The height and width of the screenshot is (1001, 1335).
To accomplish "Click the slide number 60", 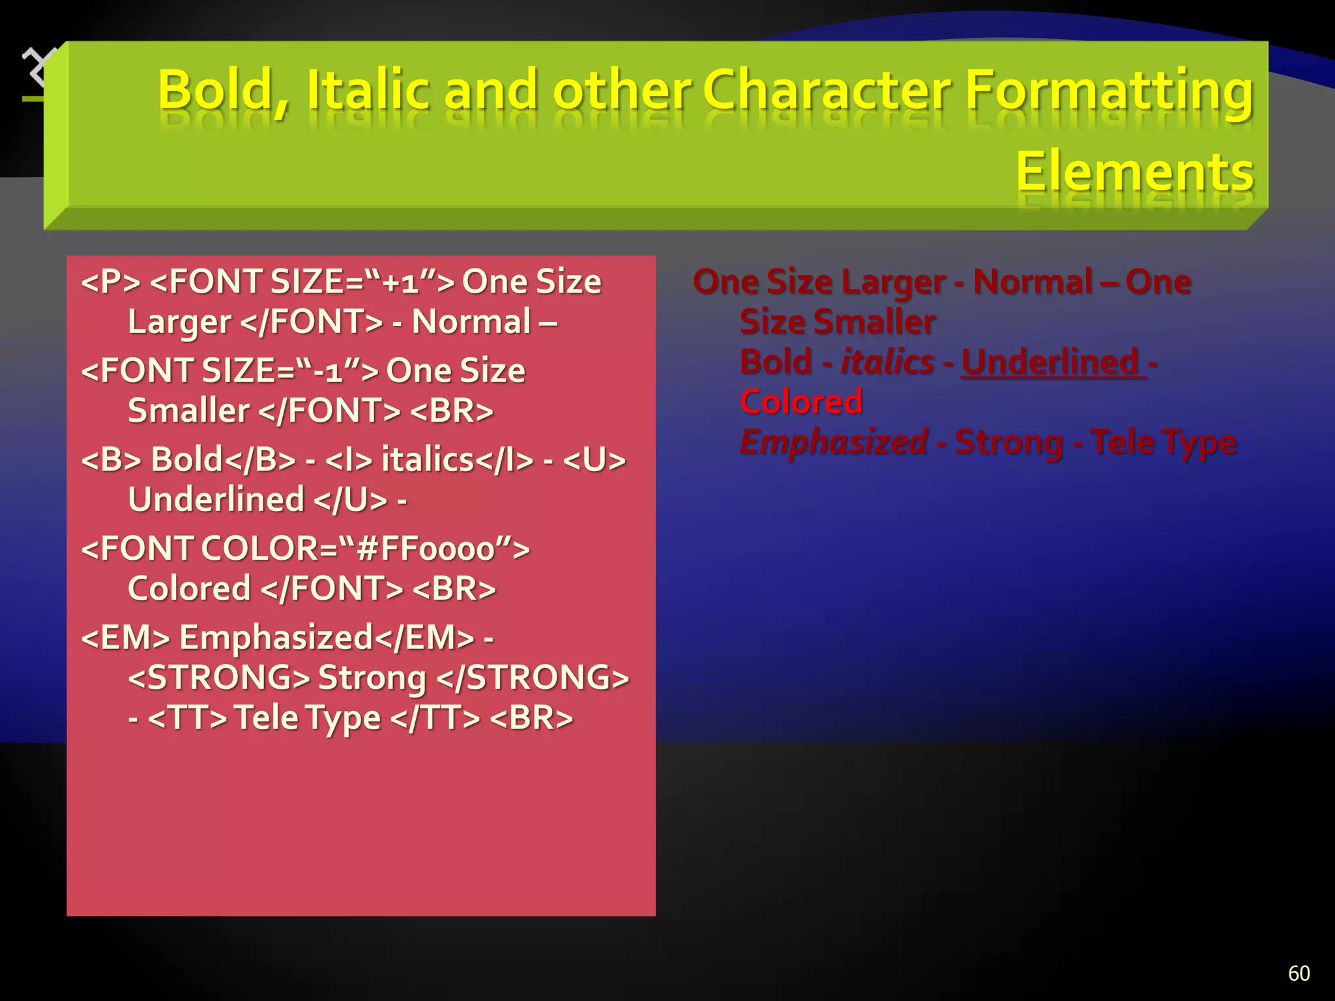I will coord(1298,973).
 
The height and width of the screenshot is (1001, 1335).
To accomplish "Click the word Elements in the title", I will coord(1134,171).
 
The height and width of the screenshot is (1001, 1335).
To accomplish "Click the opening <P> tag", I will coord(111,282).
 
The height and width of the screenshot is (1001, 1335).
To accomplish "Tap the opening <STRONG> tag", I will coord(218,678).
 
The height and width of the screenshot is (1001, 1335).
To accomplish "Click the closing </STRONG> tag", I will coord(532,678).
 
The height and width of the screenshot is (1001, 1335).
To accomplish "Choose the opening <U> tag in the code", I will coord(593,460).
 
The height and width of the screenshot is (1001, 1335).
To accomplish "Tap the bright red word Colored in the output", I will coord(801,402).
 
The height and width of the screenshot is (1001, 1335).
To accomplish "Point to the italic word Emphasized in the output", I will coord(834,442).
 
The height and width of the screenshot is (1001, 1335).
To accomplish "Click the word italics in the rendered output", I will coord(887,362).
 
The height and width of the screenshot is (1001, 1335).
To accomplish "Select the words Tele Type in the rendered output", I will coord(1163,442).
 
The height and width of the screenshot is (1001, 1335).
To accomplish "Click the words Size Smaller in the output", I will coord(838,322).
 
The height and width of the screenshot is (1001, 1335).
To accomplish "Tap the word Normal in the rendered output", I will coord(1033,282).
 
